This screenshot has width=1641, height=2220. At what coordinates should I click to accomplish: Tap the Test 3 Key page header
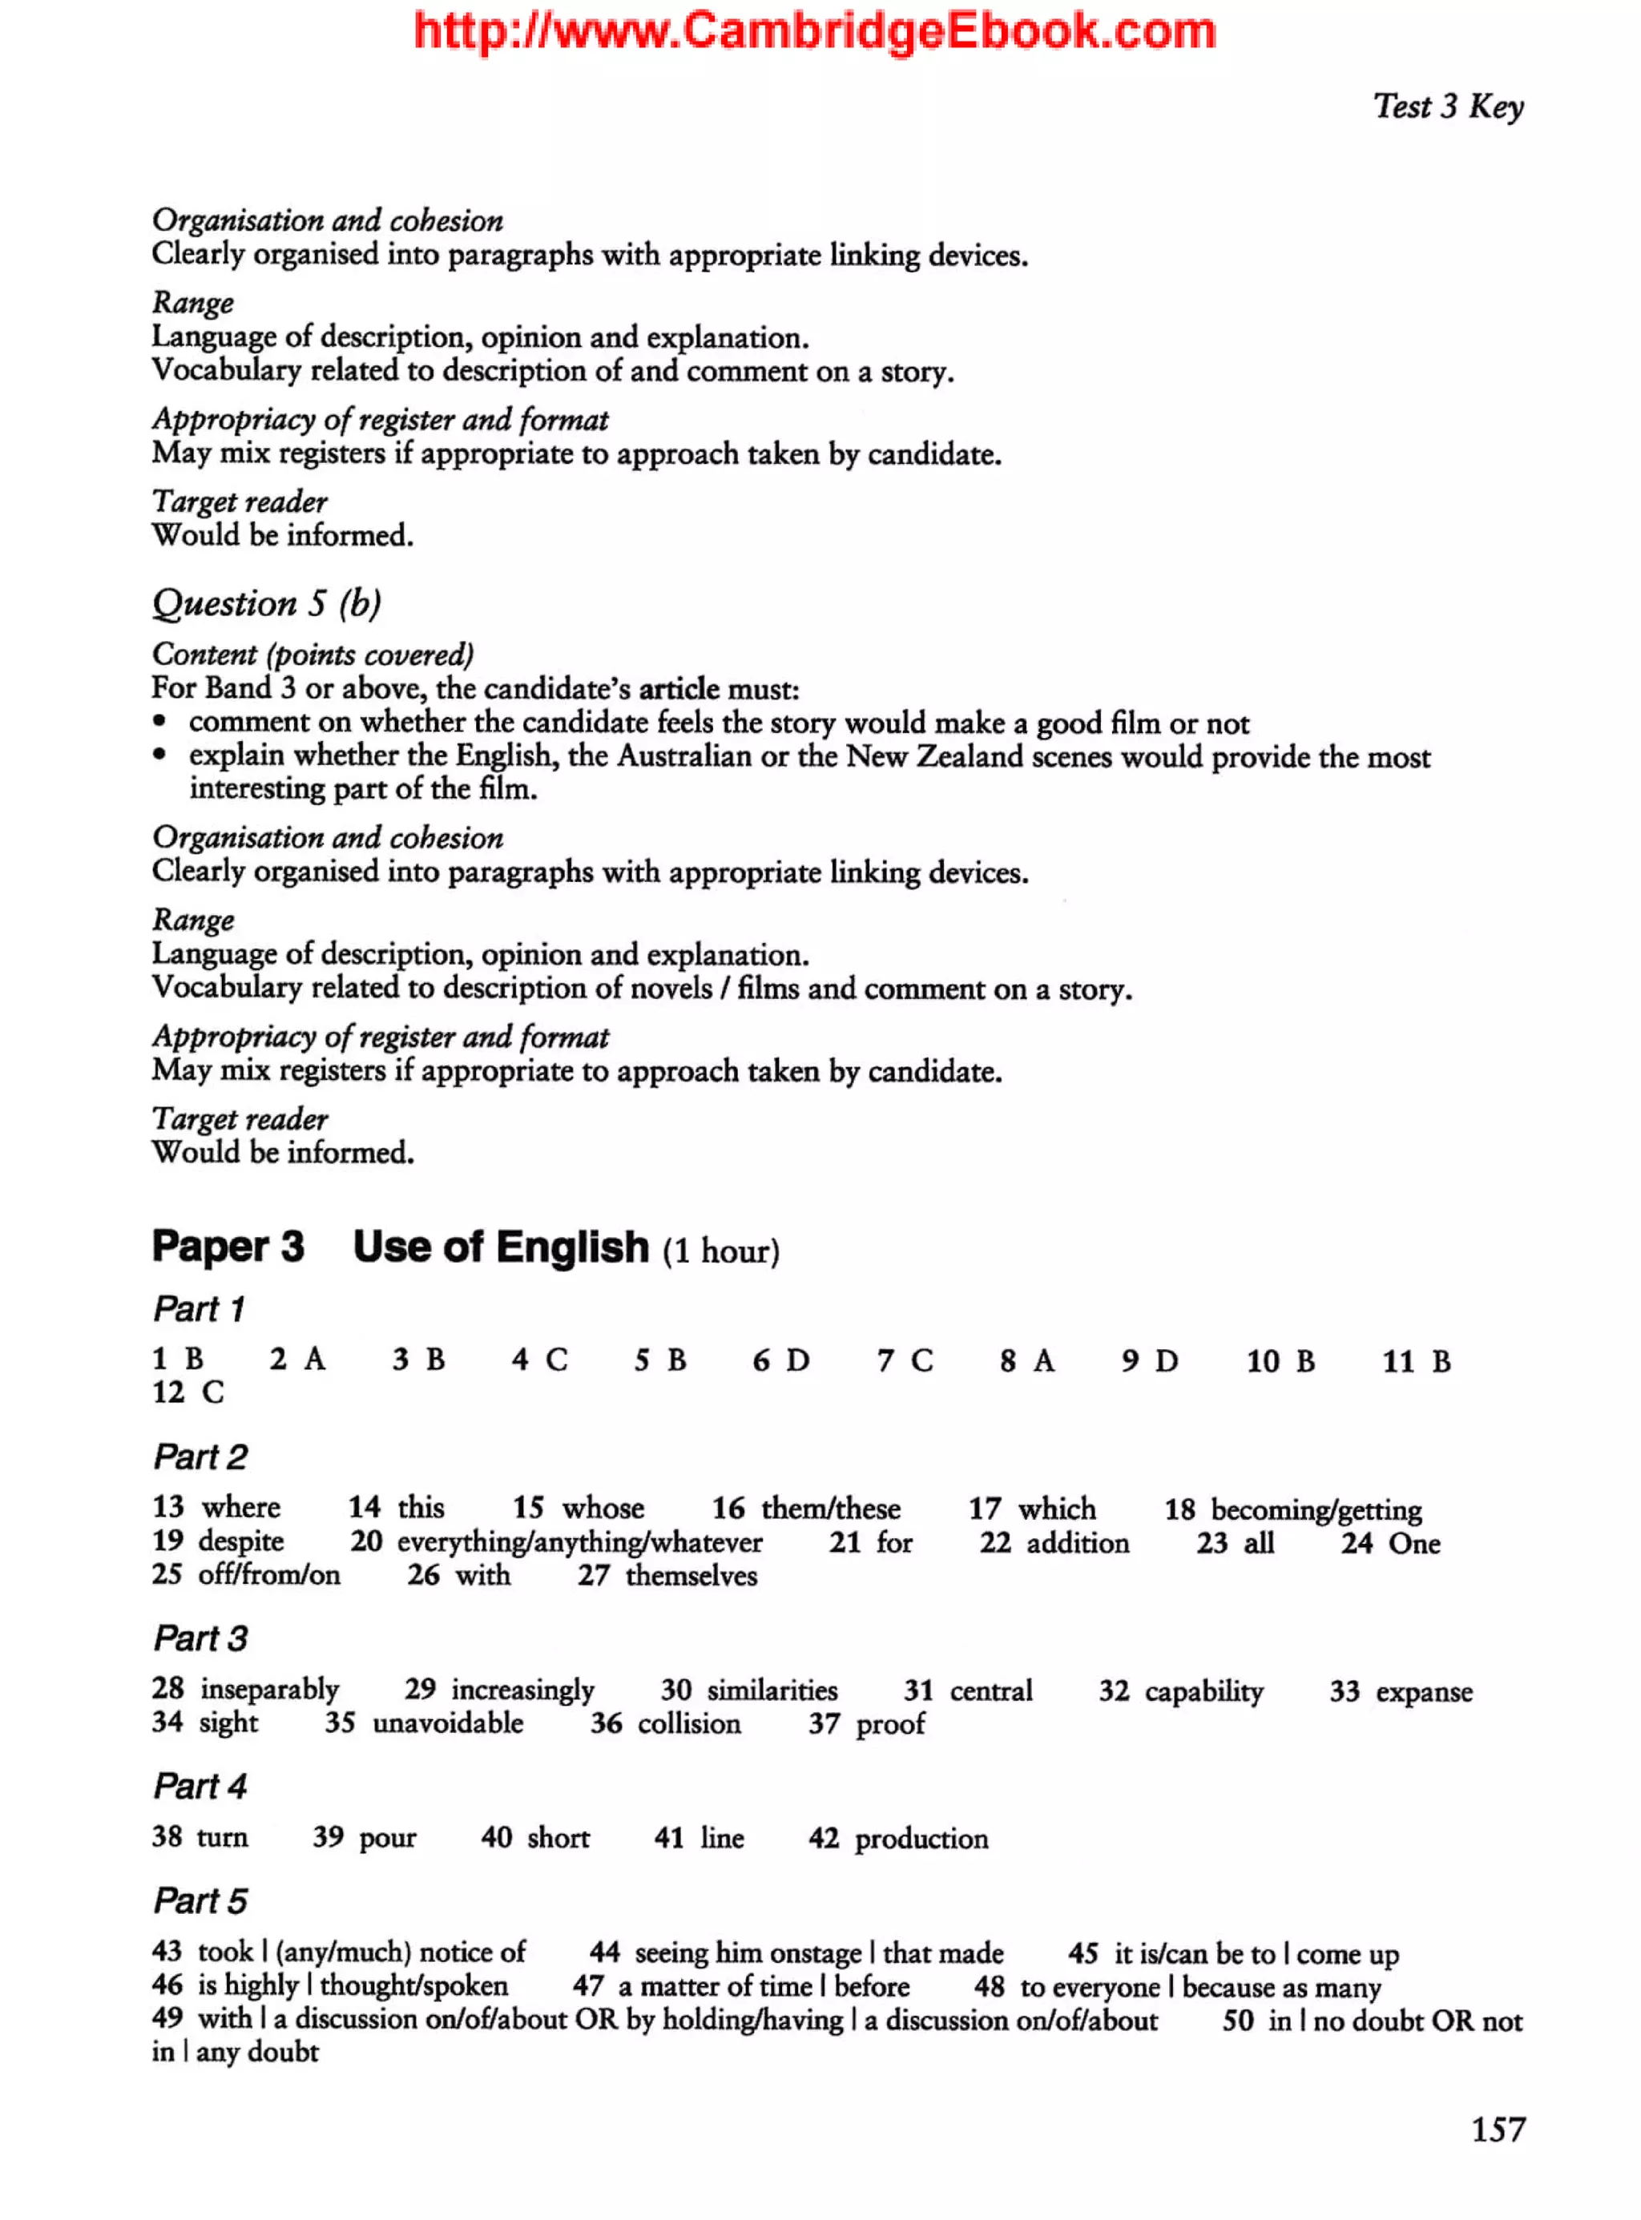1447,107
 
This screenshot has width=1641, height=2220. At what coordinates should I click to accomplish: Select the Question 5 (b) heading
266,603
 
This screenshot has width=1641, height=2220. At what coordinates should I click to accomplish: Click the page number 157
1497,2129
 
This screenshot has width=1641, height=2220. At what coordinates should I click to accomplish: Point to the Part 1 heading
199,1309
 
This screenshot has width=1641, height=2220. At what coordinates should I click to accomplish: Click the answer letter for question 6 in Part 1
797,1360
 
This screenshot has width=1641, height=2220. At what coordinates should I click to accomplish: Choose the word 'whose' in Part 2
603,1508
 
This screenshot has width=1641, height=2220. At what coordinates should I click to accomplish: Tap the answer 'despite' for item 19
240,1541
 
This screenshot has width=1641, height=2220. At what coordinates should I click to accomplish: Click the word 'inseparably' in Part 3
269,1690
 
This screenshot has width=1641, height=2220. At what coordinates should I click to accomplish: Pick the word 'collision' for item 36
689,1723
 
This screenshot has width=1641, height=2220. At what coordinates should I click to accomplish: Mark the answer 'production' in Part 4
921,1839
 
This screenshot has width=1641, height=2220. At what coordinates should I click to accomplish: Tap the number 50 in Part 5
1238,2021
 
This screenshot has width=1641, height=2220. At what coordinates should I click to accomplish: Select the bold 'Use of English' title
501,1247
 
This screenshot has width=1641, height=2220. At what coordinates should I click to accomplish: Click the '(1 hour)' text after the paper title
721,1251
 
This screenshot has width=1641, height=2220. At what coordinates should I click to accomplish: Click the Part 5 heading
200,1901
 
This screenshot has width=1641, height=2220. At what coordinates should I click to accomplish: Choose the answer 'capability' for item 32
1204,1691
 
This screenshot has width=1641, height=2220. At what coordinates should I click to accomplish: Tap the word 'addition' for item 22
1078,1542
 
